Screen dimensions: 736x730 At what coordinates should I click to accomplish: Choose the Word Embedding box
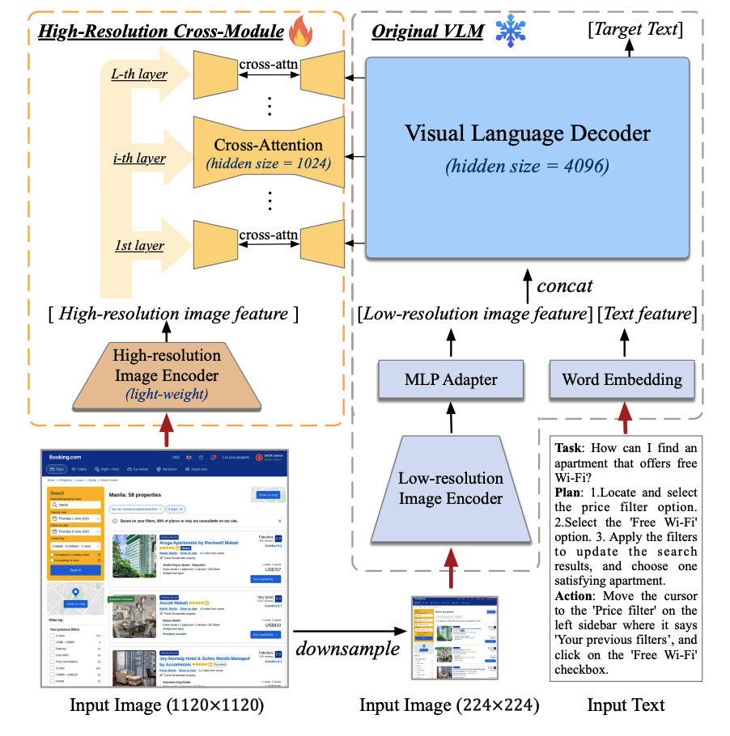(x=622, y=379)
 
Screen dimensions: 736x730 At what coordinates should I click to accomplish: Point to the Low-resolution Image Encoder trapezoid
(x=450, y=488)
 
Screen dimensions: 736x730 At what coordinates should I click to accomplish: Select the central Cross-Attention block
(x=268, y=153)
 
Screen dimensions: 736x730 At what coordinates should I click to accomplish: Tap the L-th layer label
(x=138, y=75)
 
